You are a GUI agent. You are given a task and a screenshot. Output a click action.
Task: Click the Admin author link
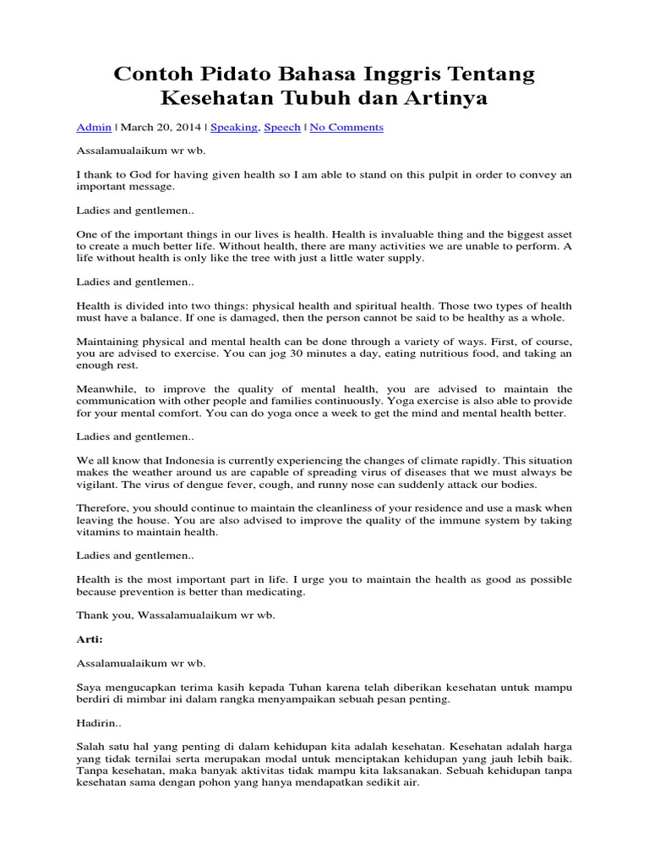94,127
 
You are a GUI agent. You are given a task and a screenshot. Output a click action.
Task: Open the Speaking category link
234,127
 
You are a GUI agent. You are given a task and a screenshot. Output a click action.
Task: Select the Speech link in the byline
281,127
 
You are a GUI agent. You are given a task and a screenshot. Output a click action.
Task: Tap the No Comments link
346,127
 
